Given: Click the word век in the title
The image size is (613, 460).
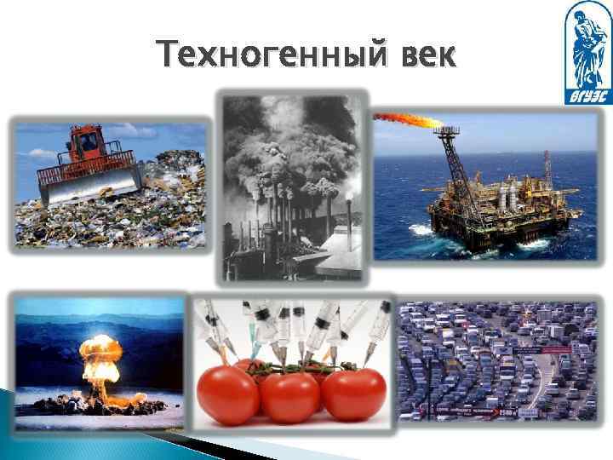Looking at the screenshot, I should coord(422,58).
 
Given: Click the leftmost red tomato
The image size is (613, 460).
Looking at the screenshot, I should coord(226,394).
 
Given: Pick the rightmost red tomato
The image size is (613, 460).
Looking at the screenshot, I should coord(353,394).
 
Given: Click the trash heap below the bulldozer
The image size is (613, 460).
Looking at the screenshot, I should coord(111,221).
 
